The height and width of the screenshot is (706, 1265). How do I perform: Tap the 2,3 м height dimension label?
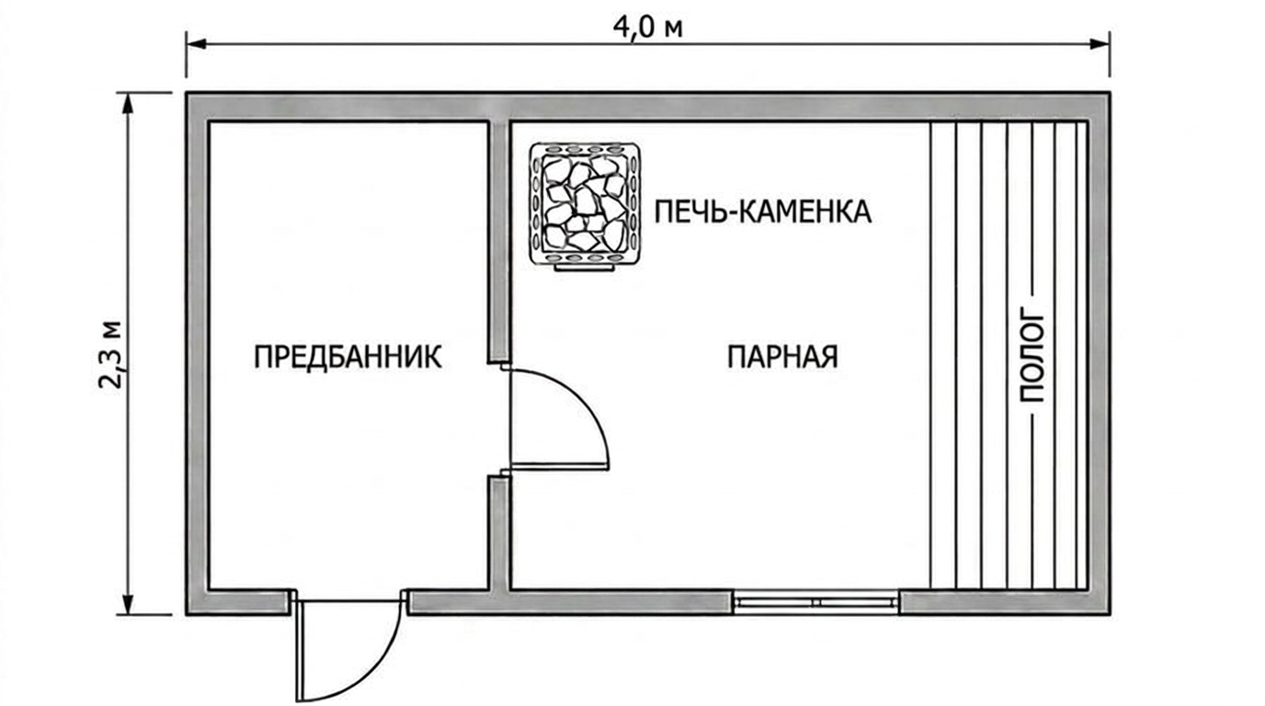(x=110, y=355)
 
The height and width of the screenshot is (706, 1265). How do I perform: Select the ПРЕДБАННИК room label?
(x=348, y=357)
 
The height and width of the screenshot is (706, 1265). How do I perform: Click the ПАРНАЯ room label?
(x=782, y=357)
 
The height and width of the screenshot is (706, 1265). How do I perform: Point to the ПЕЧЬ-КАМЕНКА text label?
(x=763, y=211)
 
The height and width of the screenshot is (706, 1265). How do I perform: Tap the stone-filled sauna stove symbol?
(x=585, y=204)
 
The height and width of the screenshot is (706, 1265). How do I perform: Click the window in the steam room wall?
(x=815, y=603)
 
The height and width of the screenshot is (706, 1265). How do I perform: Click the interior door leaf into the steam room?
(x=559, y=466)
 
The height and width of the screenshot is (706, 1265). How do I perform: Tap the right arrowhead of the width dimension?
(x=1100, y=44)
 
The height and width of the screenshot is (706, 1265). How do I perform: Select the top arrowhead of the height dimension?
(x=130, y=103)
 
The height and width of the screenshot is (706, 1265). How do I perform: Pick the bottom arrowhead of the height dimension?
(x=130, y=603)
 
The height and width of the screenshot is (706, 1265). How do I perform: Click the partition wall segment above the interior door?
(x=498, y=241)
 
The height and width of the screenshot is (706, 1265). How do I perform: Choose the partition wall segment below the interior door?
(x=499, y=533)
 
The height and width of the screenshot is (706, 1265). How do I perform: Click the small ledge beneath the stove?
(x=585, y=268)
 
